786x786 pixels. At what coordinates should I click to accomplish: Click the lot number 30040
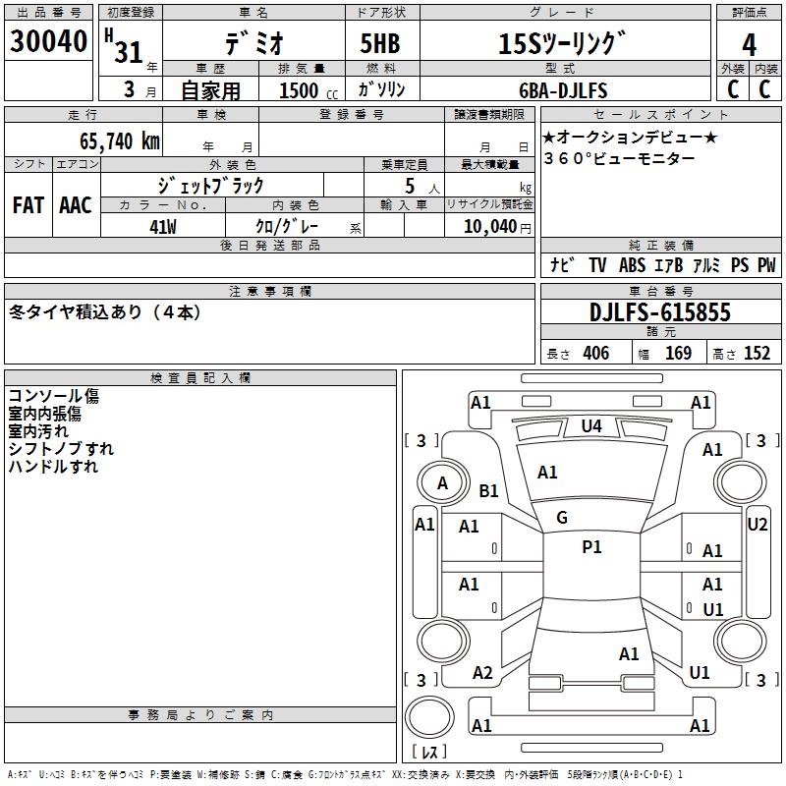[48, 41]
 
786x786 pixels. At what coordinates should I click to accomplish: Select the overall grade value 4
[749, 44]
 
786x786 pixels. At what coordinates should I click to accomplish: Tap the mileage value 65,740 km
[120, 141]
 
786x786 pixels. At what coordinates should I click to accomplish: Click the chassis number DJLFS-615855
[660, 312]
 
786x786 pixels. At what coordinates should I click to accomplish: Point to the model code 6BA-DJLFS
[563, 90]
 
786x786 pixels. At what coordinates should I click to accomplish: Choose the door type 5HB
[380, 43]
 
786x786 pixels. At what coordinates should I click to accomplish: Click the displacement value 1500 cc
[309, 90]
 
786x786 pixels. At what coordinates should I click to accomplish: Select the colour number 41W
[163, 227]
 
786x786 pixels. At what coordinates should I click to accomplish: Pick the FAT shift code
[28, 205]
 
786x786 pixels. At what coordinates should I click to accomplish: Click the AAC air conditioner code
[76, 205]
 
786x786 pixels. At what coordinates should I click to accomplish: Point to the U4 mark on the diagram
[591, 426]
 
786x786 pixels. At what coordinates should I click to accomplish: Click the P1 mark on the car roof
[591, 547]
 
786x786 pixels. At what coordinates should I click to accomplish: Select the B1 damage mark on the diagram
[488, 490]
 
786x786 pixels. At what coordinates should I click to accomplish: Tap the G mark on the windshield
[562, 518]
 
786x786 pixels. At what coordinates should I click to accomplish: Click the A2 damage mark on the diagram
[482, 673]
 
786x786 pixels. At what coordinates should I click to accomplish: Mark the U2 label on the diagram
[757, 525]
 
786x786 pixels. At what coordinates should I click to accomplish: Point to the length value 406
[596, 354]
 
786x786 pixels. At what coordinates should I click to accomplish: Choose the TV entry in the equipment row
[597, 265]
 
